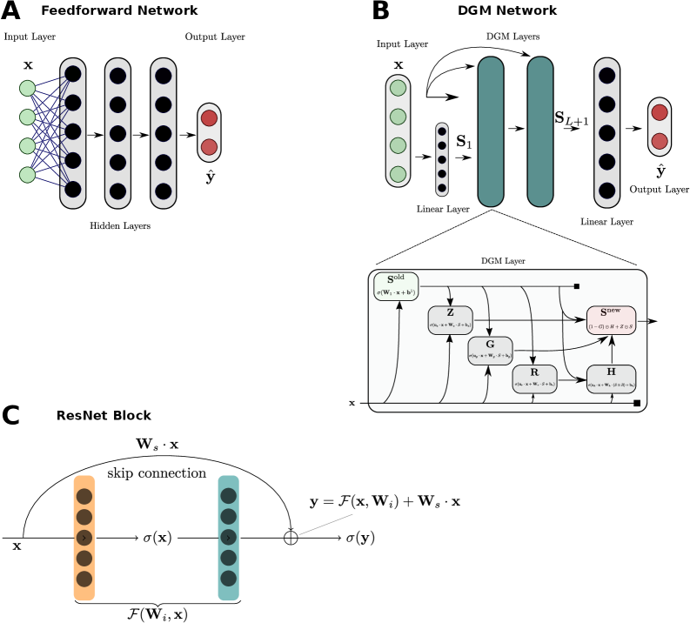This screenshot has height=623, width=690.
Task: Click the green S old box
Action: (396, 286)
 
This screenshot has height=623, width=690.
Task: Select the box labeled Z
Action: (450, 319)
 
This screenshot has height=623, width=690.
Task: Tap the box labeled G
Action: (490, 350)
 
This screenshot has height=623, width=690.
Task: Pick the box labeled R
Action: (534, 378)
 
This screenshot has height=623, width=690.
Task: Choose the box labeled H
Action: (611, 378)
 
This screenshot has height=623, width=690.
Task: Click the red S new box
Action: (611, 319)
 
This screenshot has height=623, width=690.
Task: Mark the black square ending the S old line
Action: (576, 286)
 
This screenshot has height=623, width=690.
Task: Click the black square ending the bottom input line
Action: (636, 403)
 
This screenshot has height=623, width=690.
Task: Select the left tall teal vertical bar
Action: (491, 131)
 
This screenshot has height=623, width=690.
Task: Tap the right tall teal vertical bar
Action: (540, 131)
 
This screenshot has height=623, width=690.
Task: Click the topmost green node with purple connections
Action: (28, 88)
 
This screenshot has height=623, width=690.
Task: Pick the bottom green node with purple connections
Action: (28, 175)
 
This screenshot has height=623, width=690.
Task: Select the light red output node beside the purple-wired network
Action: (209, 117)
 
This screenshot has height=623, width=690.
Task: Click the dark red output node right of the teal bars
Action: (660, 141)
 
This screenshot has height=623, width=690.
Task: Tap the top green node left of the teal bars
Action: (398, 88)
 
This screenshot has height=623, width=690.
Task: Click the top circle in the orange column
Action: (84, 496)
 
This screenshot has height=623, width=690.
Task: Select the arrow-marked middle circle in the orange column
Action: (84, 538)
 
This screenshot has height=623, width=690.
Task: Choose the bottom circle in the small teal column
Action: (228, 579)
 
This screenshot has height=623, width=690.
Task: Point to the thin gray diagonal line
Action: (326, 524)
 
